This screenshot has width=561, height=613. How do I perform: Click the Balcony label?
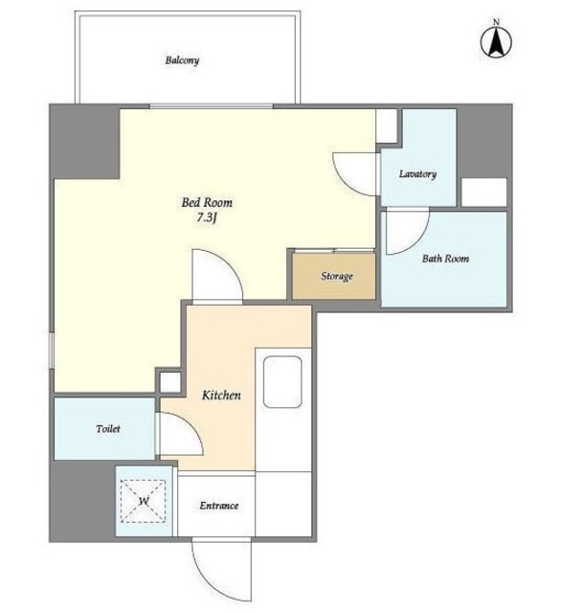(x=182, y=60)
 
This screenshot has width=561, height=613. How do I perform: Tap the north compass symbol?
(x=496, y=39)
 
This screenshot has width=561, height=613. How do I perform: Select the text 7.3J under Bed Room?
(x=207, y=217)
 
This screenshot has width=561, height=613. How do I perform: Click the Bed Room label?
(x=207, y=202)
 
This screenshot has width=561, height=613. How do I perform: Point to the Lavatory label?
(x=417, y=174)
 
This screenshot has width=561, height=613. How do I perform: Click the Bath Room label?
(x=445, y=259)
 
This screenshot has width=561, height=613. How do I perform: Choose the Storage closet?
(x=334, y=276)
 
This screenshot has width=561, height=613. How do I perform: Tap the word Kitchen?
(x=221, y=395)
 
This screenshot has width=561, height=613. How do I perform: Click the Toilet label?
(x=108, y=429)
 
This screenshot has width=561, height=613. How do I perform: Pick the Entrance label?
(x=219, y=506)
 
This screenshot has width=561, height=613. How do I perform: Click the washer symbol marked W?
(x=143, y=501)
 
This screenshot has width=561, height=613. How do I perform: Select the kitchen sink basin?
(x=282, y=382)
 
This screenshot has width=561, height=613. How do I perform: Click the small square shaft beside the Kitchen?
(x=170, y=382)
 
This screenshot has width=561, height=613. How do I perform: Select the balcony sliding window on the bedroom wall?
(x=212, y=106)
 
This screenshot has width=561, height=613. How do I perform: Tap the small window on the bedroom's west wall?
(x=51, y=350)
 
